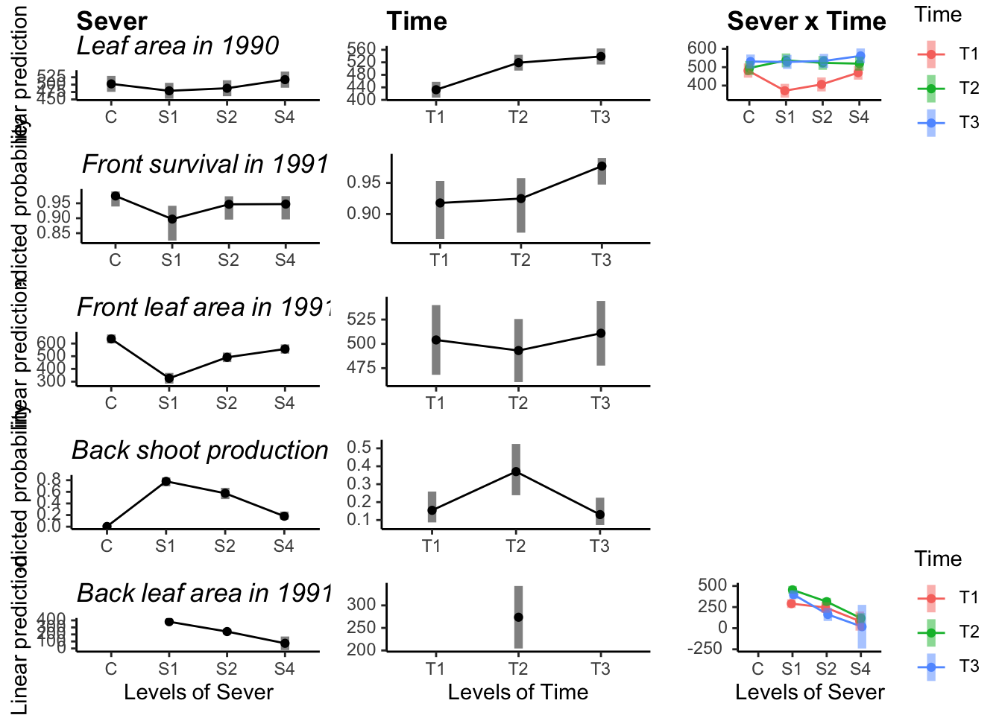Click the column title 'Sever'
tap(112, 22)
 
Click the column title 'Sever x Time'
tap(806, 22)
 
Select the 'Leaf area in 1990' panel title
tap(177, 46)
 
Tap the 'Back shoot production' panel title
tap(200, 451)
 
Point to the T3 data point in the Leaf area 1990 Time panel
tap(601, 57)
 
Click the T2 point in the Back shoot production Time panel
tap(516, 471)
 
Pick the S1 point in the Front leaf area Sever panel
tap(169, 378)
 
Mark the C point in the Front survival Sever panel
tap(116, 197)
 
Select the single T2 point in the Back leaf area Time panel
tap(518, 617)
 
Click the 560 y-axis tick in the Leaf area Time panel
tap(361, 50)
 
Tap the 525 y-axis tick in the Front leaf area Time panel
tap(362, 320)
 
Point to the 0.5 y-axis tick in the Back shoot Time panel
tap(359, 448)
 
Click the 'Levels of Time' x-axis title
tap(517, 693)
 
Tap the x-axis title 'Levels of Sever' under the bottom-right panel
tap(810, 693)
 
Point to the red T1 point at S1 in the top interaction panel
tap(785, 91)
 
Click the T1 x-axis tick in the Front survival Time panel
tap(439, 260)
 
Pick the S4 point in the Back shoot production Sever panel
tap(284, 516)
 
